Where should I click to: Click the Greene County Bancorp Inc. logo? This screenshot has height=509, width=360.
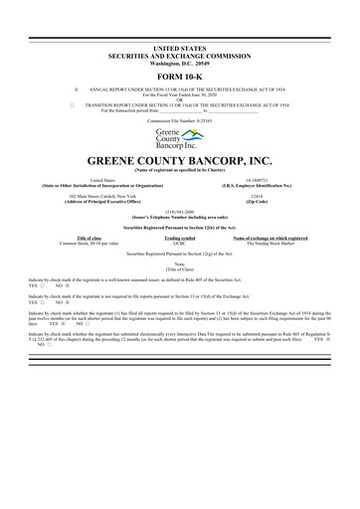pyautogui.click(x=179, y=137)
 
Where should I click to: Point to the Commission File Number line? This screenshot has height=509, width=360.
pyautogui.click(x=179, y=118)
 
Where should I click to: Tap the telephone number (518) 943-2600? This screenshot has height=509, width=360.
pyautogui.click(x=179, y=211)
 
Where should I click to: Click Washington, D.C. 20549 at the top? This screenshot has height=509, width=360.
pyautogui.click(x=180, y=36)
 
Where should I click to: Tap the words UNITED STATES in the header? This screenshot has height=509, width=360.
pyautogui.click(x=180, y=21)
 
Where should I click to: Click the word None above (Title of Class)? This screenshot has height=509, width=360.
pyautogui.click(x=179, y=263)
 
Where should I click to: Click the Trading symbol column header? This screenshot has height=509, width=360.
pyautogui.click(x=179, y=239)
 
